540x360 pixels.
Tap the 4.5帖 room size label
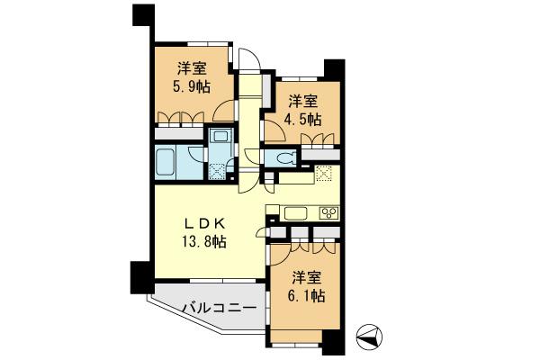tap(302, 119)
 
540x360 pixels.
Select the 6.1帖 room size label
tap(305, 295)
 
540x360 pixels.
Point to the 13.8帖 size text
tap(204, 241)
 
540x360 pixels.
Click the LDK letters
tap(204, 222)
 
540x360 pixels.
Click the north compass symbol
tap(369, 337)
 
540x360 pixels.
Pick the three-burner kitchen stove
tap(327, 213)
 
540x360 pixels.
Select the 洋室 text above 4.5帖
tap(303, 101)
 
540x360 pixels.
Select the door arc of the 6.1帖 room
tap(279, 252)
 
